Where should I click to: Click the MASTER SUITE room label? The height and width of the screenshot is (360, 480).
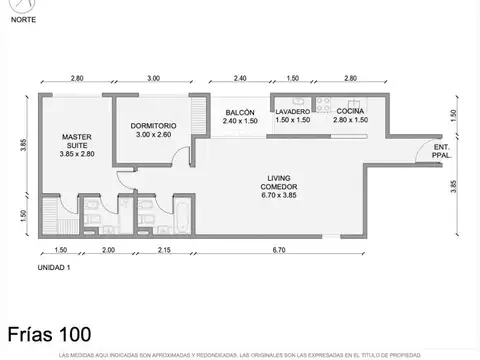[76, 141]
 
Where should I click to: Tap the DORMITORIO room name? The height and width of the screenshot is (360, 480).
[154, 125]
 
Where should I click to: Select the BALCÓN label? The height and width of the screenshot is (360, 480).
[240, 112]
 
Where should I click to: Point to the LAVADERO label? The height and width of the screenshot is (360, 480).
[293, 112]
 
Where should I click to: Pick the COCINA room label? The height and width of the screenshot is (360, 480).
[350, 112]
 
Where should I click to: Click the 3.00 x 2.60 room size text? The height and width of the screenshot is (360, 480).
[154, 134]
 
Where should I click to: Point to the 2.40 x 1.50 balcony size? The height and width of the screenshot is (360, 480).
[240, 121]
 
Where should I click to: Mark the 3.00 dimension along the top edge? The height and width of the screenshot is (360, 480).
[153, 78]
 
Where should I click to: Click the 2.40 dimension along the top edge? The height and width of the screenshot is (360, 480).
[240, 78]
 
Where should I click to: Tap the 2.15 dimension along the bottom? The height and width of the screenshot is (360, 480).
[166, 249]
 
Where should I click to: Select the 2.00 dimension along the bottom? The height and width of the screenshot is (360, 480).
[108, 249]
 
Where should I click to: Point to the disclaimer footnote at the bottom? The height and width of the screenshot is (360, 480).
[240, 354]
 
